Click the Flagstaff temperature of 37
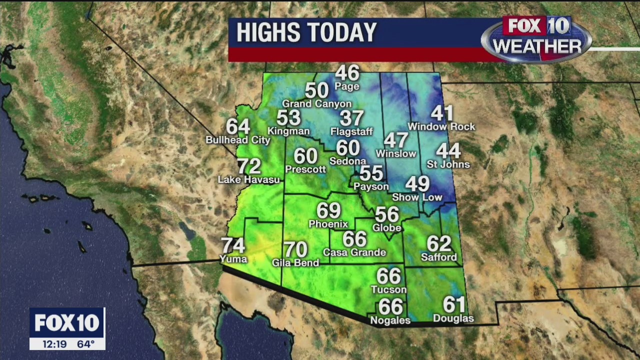(x=351, y=118)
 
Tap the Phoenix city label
(x=328, y=223)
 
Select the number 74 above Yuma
(x=233, y=245)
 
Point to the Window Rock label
(x=441, y=126)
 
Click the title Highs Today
(x=306, y=33)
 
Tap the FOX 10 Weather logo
(x=536, y=39)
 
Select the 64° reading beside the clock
(x=85, y=344)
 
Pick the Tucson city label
(x=388, y=289)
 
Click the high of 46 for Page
(x=347, y=73)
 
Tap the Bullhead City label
(x=238, y=140)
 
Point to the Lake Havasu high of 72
(x=248, y=166)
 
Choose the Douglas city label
(x=453, y=318)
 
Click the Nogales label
(x=390, y=320)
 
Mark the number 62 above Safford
(x=439, y=244)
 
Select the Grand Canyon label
(x=316, y=104)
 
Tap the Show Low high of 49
(x=417, y=184)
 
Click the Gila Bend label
(x=295, y=262)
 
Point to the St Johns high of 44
(x=448, y=150)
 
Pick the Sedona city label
(x=347, y=161)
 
